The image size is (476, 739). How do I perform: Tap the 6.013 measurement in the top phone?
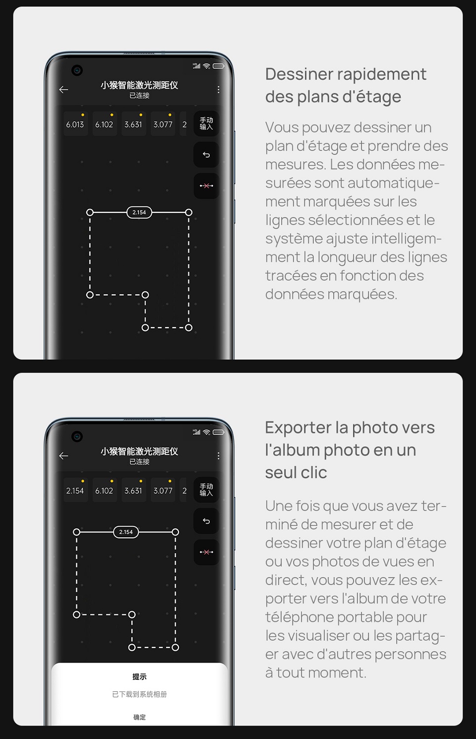pyautogui.click(x=75, y=124)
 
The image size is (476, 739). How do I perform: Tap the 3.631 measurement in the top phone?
pyautogui.click(x=133, y=124)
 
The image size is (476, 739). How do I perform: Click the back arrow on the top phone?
pyautogui.click(x=63, y=89)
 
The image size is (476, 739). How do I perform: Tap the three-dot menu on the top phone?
pyautogui.click(x=218, y=89)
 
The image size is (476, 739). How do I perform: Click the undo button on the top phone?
pyautogui.click(x=206, y=155)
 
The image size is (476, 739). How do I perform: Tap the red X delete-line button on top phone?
pyautogui.click(x=206, y=186)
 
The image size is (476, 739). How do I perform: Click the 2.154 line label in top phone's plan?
pyautogui.click(x=139, y=212)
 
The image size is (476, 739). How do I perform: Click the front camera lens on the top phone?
pyautogui.click(x=77, y=71)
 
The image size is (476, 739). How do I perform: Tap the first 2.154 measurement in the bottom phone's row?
pyautogui.click(x=75, y=490)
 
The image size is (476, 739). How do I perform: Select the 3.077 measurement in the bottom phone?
pyautogui.click(x=163, y=490)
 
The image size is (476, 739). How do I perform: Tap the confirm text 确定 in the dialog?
pyautogui.click(x=139, y=717)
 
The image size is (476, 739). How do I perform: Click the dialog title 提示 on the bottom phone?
pyautogui.click(x=139, y=676)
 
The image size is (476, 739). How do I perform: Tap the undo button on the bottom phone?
pyautogui.click(x=206, y=521)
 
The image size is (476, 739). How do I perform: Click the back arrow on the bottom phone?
pyautogui.click(x=63, y=455)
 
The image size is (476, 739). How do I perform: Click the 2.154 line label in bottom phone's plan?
pyautogui.click(x=126, y=532)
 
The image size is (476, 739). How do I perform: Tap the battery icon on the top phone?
pyautogui.click(x=218, y=66)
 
